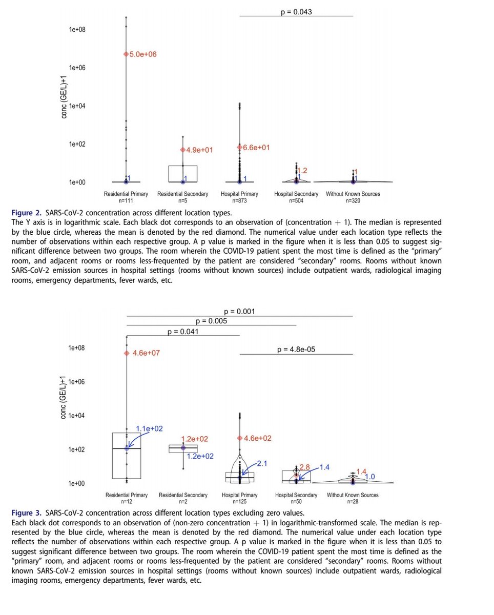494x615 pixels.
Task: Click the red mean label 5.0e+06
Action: click(143, 54)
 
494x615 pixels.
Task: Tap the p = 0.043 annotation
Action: click(297, 11)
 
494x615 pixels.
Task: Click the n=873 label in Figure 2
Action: click(240, 201)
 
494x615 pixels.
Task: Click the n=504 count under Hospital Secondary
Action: click(296, 201)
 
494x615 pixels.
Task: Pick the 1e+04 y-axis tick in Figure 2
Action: click(77, 106)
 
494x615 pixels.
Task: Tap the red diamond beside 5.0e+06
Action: click(126, 54)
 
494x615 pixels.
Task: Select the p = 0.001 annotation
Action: click(240, 311)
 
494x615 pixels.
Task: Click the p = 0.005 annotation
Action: click(212, 321)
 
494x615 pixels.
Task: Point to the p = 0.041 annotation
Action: click(183, 332)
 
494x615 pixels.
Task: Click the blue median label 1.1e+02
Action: click(149, 428)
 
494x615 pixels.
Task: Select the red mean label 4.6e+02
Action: click(257, 438)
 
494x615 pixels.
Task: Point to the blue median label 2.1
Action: click(263, 463)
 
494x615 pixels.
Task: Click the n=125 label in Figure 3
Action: click(240, 502)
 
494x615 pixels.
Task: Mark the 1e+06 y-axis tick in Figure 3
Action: click(77, 382)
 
